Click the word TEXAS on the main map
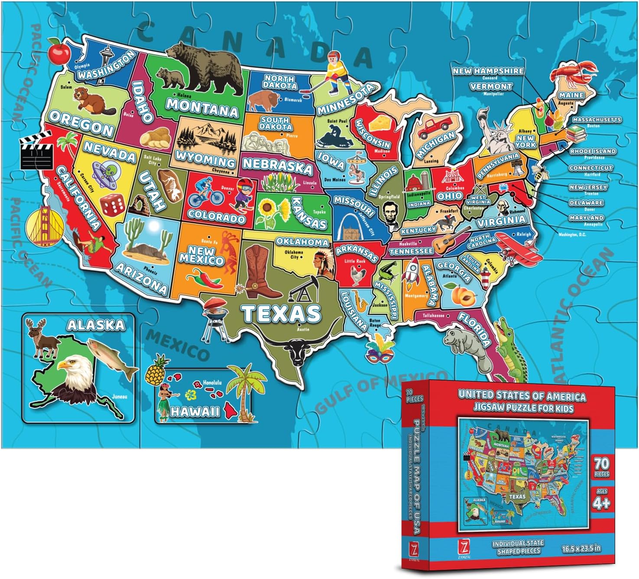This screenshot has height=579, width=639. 282,313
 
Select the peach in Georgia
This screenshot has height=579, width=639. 461,295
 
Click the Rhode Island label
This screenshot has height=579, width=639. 593,151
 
